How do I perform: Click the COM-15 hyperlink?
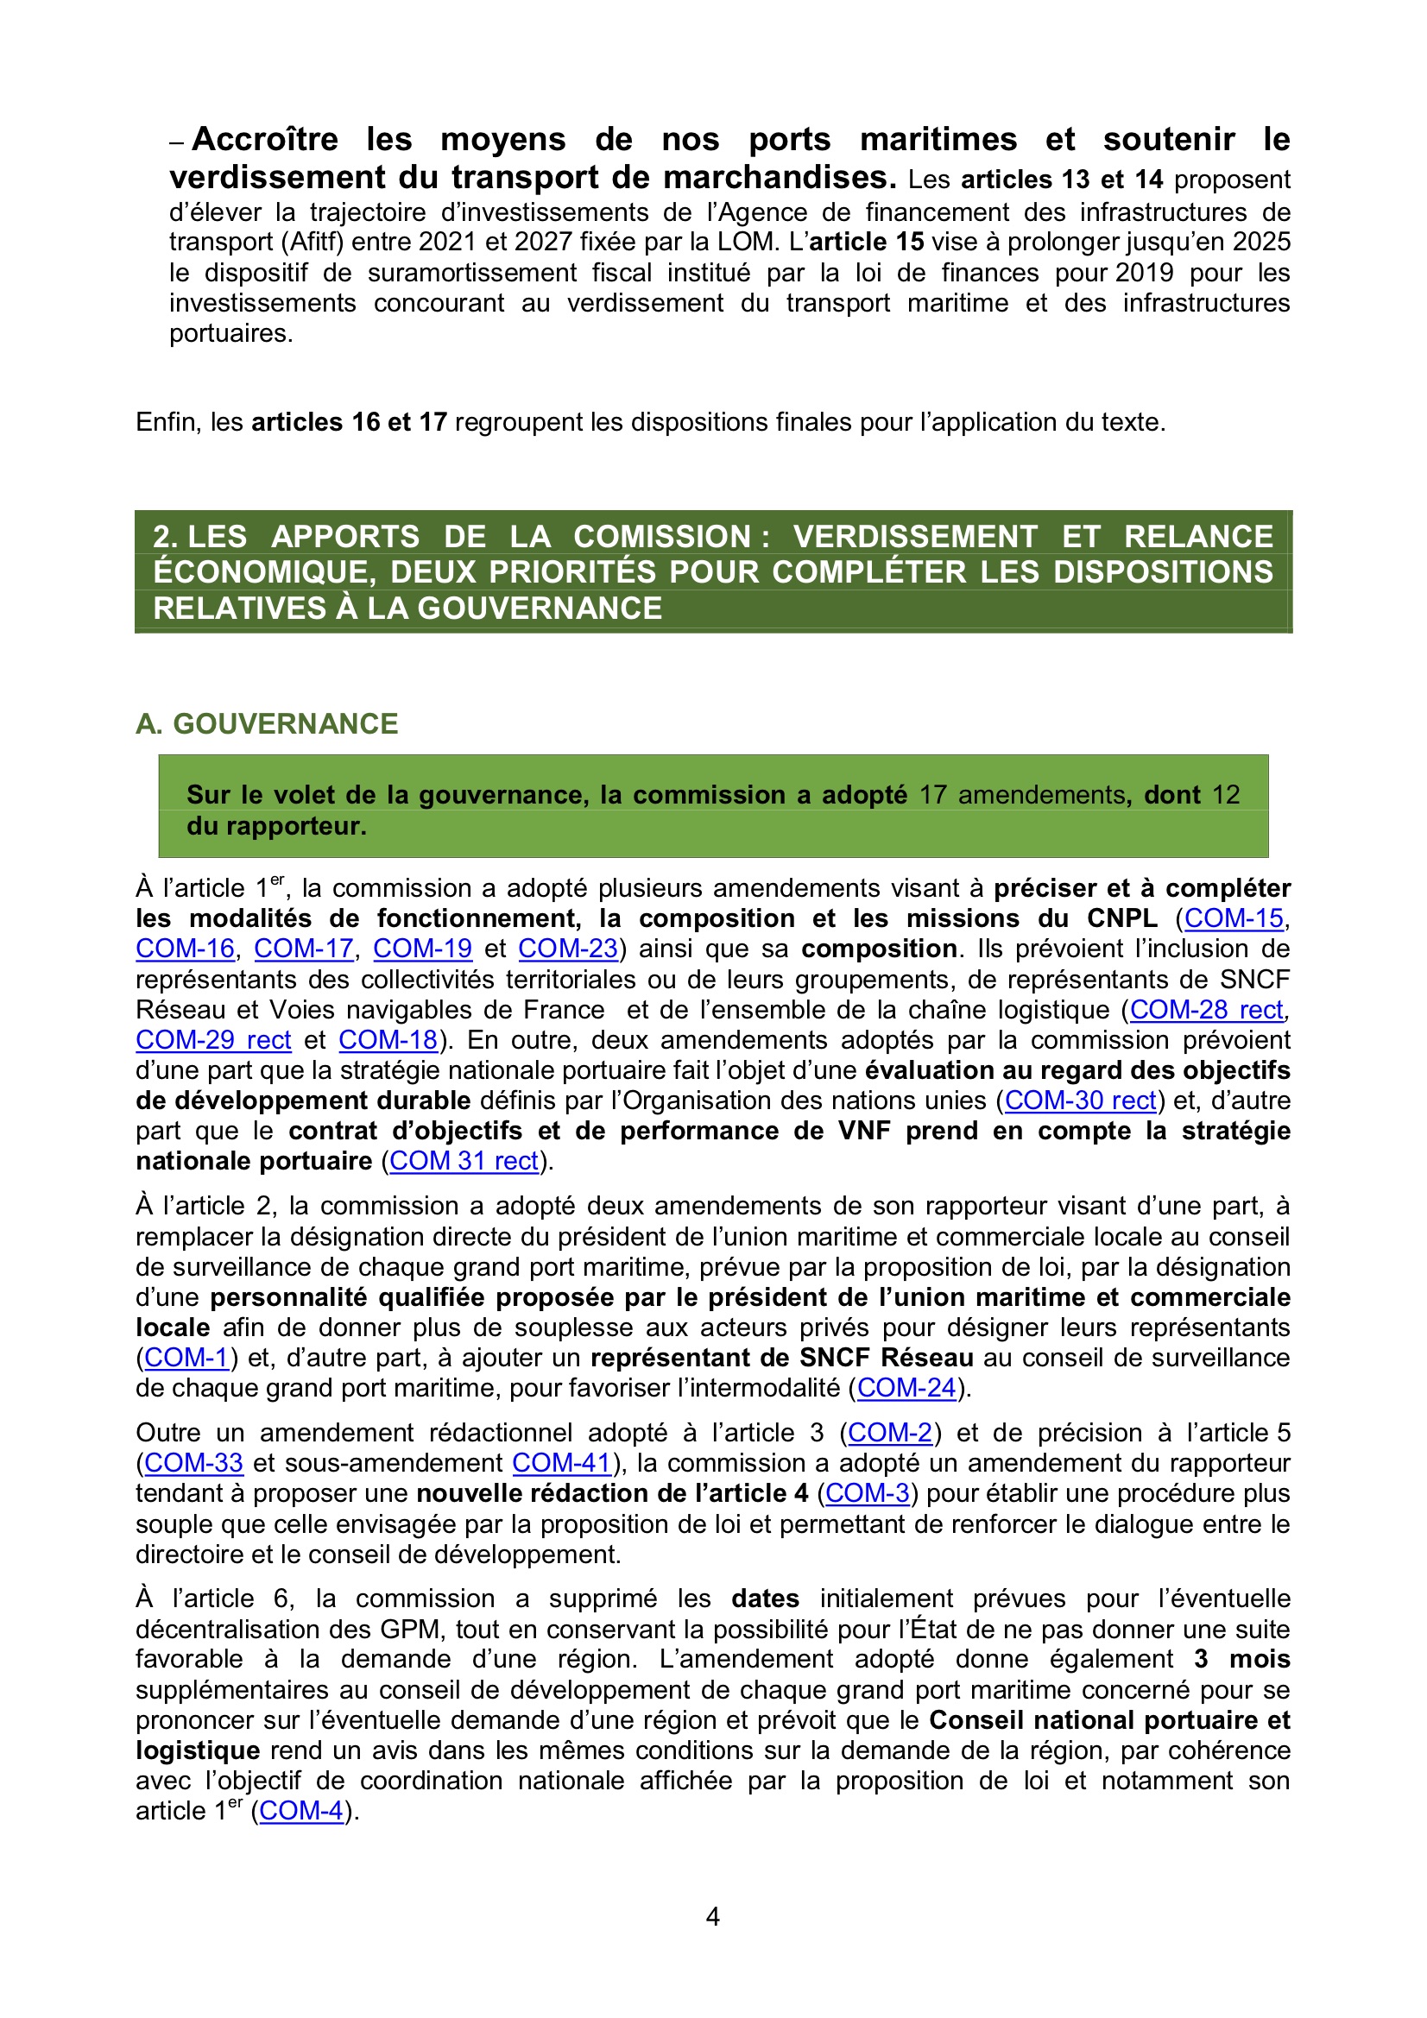click(1234, 918)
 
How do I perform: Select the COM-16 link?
click(186, 949)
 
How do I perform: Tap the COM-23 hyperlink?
click(568, 949)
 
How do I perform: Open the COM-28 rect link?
click(1206, 1010)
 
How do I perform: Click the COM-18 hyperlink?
click(388, 1041)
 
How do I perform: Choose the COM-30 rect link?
click(1080, 1101)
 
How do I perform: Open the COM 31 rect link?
click(464, 1162)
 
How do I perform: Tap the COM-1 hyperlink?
click(186, 1358)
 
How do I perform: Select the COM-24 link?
click(906, 1389)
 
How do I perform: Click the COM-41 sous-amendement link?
click(561, 1463)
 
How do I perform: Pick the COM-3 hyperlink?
click(867, 1494)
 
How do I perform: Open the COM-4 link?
click(300, 1813)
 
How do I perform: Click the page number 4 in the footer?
click(713, 1917)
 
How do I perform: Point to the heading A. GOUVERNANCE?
click(268, 724)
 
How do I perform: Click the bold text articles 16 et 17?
click(350, 423)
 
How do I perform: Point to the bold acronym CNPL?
click(1122, 918)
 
